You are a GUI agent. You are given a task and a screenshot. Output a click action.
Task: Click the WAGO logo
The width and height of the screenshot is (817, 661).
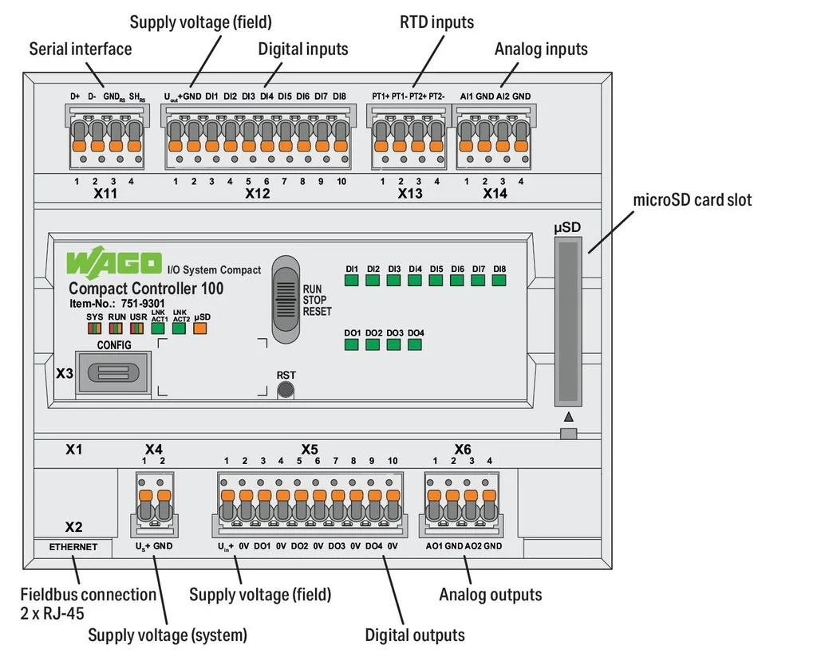coord(114,262)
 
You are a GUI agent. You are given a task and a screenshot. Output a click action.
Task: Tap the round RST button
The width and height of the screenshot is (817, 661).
coord(285,390)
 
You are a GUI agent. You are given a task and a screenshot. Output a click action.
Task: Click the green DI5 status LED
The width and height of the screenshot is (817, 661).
coord(436,280)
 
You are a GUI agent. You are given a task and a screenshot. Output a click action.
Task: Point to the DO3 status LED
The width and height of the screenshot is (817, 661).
coord(393,344)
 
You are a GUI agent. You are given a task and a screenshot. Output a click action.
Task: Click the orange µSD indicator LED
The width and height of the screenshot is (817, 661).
coord(200,328)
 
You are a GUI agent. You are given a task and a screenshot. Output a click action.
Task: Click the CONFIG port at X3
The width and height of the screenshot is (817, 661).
coord(111,372)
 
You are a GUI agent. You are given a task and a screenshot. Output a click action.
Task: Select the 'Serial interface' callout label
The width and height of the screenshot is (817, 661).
coord(81,49)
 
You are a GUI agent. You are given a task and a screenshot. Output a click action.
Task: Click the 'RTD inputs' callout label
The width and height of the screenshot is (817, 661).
coord(436,22)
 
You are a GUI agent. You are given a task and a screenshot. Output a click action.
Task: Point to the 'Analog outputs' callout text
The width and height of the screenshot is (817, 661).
coord(490,595)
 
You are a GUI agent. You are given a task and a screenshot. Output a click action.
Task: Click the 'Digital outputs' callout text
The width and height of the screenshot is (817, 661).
coord(415,635)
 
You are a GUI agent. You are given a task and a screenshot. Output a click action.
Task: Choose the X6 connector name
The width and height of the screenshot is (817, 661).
coord(463,450)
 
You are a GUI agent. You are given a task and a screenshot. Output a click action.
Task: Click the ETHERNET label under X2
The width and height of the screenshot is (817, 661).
coord(73,547)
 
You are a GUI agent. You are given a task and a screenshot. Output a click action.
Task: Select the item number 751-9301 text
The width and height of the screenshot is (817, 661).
coord(116,303)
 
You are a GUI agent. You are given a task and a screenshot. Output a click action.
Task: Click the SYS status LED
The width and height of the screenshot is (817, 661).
coord(95,328)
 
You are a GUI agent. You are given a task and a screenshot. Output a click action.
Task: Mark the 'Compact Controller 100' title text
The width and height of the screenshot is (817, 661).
coord(146,289)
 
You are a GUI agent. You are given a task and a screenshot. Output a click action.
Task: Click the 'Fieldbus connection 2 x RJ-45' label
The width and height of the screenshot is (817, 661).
coord(88,604)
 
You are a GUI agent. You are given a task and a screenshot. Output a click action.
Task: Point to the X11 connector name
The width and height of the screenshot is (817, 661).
coord(105,193)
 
